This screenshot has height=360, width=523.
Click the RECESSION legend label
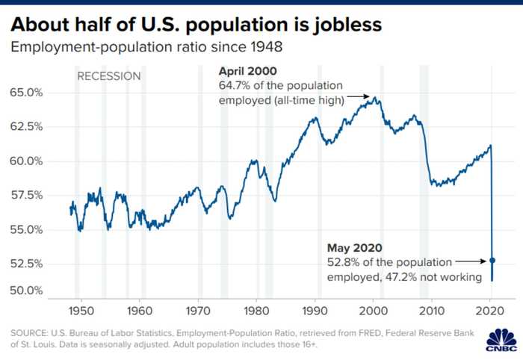[x=109, y=75]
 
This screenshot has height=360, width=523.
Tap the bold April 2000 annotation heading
[x=247, y=72]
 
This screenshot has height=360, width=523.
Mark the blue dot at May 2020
[x=492, y=261]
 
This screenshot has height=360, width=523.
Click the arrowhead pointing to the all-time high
[x=367, y=96]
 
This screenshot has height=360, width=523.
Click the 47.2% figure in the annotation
[x=412, y=276]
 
